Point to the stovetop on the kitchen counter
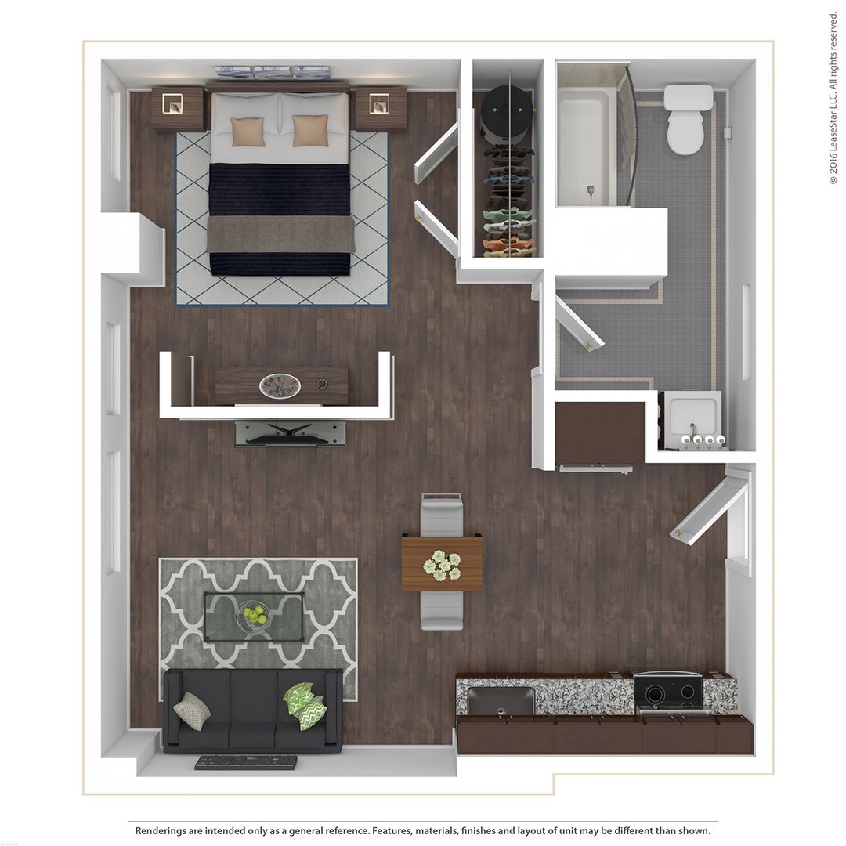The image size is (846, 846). click(668, 691)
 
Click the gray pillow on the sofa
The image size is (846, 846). click(191, 710)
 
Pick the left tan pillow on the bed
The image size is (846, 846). click(248, 132)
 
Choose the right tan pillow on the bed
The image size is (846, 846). click(310, 131)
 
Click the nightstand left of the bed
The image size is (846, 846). click(177, 107)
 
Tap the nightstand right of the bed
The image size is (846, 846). click(380, 107)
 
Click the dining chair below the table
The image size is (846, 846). click(442, 610)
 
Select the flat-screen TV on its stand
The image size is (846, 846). click(290, 432)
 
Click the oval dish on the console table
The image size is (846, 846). click(280, 385)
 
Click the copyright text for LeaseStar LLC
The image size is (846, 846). click(833, 98)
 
